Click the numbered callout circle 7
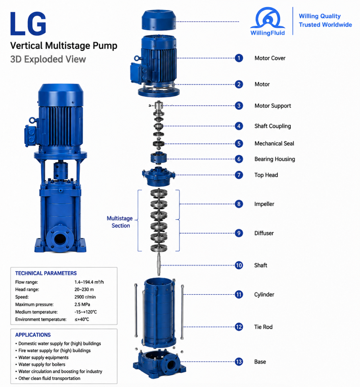pos(239,175)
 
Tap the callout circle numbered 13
pos(239,362)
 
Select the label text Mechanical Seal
pos(274,144)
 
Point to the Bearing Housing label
pos(275,159)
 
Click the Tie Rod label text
pos(263,327)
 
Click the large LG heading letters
pos(28,24)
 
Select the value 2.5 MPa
pos(82,304)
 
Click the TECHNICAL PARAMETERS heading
pos(46,273)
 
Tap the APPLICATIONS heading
pos(33,335)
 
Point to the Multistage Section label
pos(120,222)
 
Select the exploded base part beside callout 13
pos(159,364)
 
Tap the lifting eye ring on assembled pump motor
pos(32,120)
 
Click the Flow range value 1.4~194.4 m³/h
pos(89,282)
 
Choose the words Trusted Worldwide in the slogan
pos(326,25)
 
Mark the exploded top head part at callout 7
pos(159,176)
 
